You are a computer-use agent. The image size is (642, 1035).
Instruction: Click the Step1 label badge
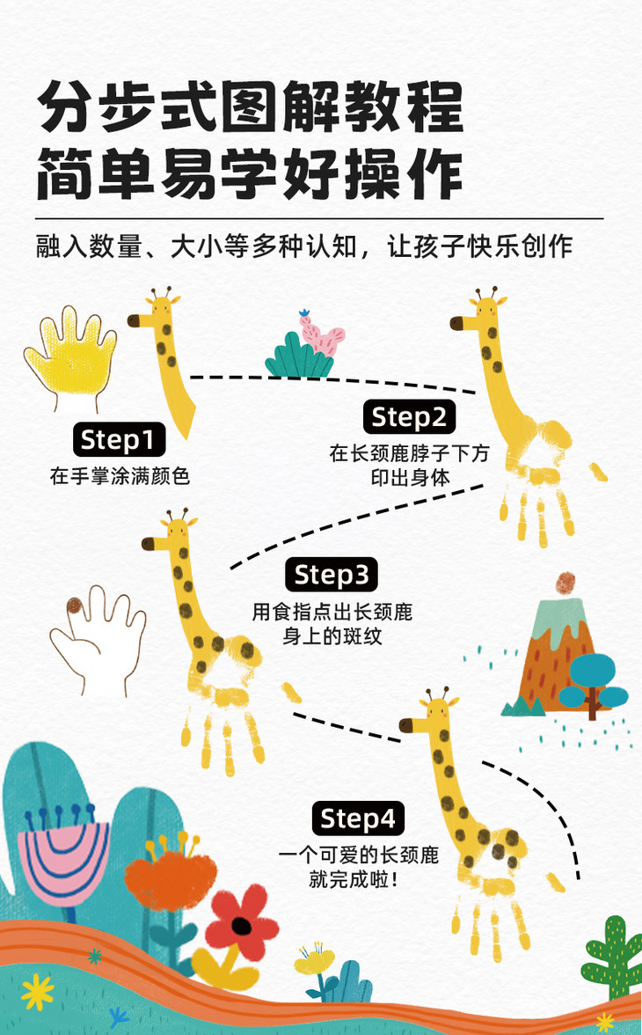(x=118, y=439)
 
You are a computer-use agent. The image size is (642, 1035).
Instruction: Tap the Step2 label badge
(x=409, y=417)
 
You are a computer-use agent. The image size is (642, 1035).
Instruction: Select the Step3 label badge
(x=332, y=575)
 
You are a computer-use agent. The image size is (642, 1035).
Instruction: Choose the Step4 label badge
(x=358, y=819)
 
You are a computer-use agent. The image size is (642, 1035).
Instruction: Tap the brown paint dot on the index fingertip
(x=75, y=606)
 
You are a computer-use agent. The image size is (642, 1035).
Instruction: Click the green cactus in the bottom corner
(x=612, y=958)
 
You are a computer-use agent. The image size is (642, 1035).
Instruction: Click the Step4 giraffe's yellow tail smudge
(x=555, y=881)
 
